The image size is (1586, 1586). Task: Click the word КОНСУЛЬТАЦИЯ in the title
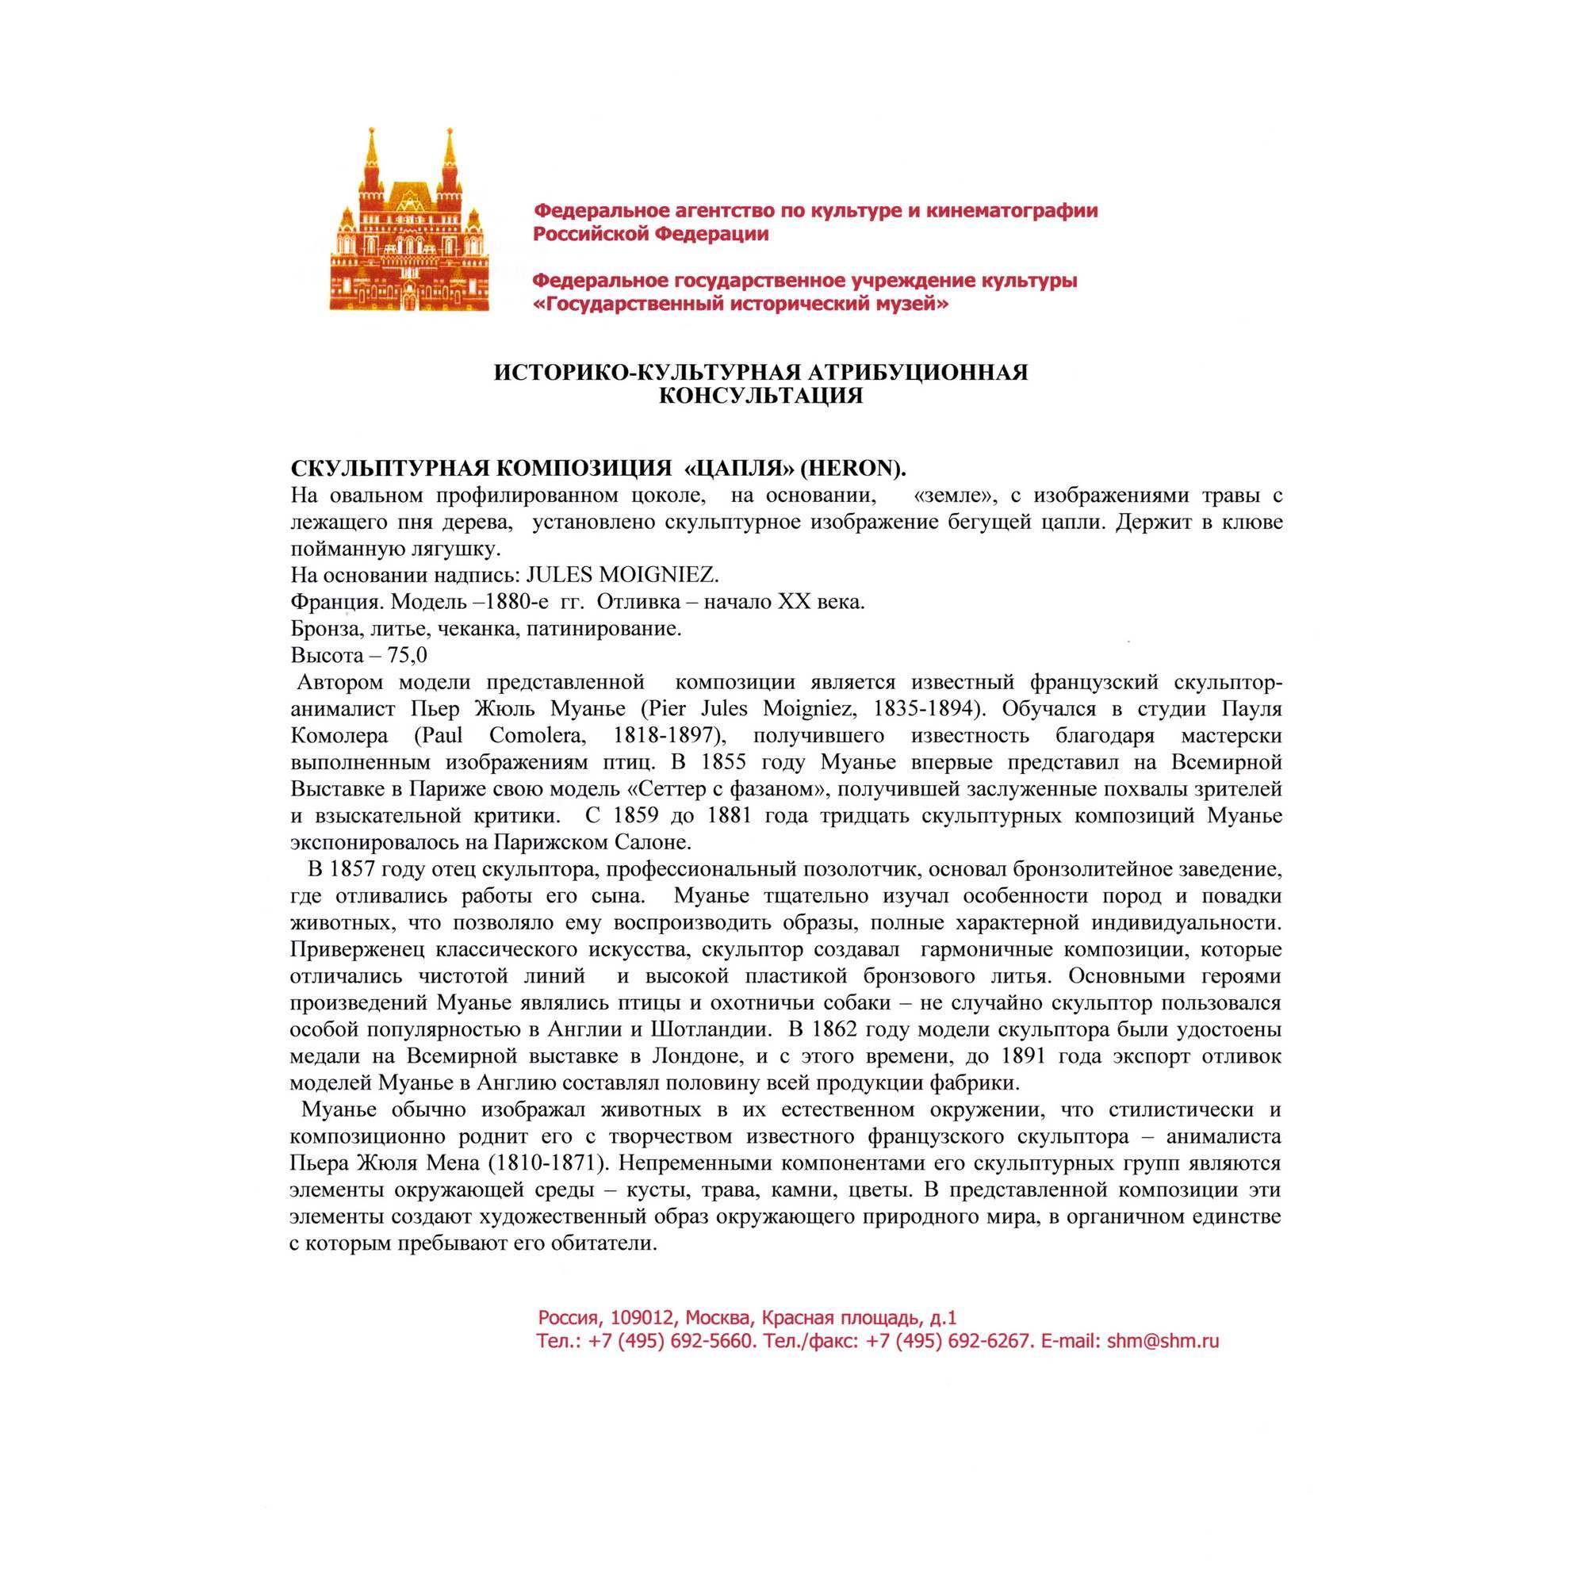point(760,396)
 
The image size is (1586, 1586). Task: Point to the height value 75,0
point(408,655)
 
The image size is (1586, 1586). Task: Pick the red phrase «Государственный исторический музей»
point(741,305)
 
